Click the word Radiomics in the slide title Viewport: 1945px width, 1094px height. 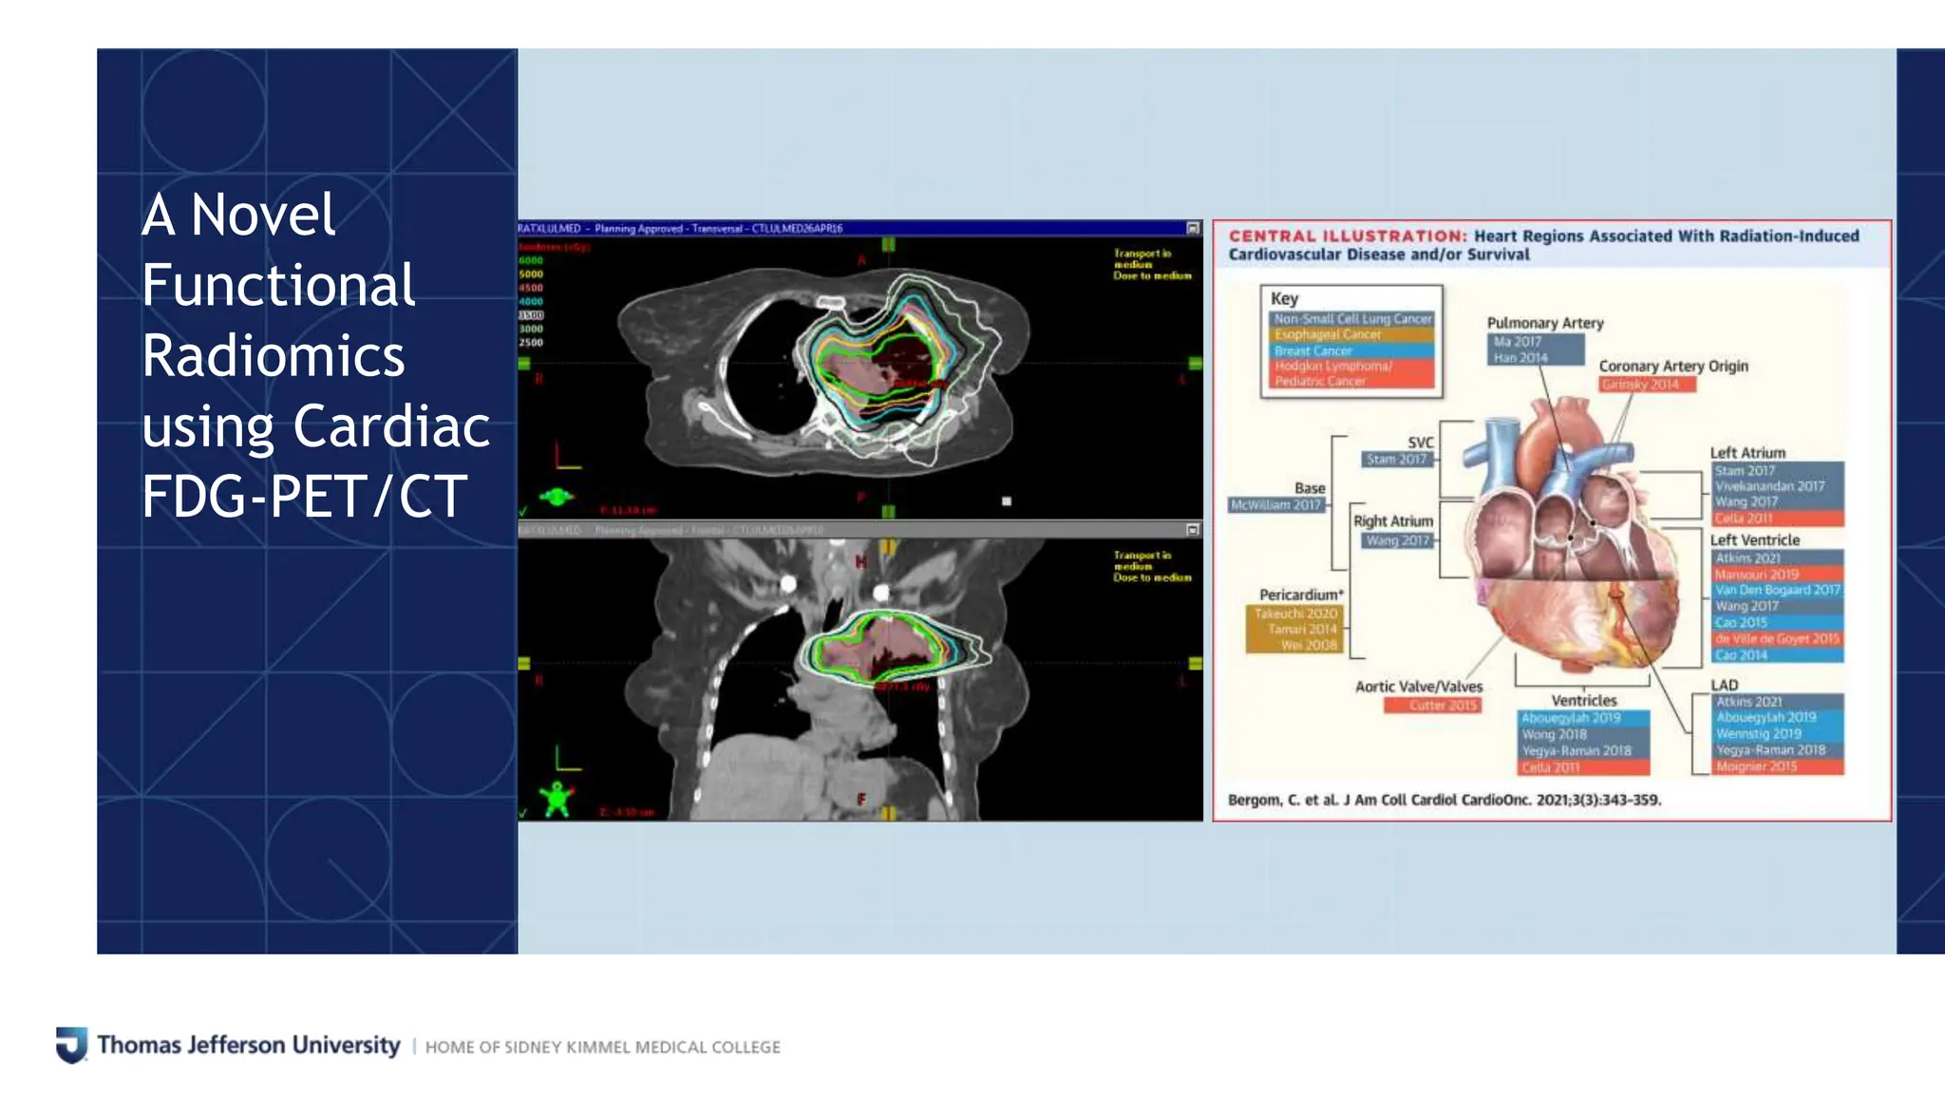274,356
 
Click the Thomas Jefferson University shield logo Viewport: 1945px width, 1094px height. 71,1045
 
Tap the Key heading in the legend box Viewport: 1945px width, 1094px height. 1284,298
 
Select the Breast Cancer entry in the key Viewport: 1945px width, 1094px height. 1313,350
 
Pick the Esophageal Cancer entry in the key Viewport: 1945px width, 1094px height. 1328,334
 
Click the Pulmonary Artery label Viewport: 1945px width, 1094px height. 1544,323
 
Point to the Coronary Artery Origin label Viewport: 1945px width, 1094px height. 1672,366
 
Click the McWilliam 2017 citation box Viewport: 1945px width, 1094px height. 1275,505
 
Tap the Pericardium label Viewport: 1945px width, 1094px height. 1300,594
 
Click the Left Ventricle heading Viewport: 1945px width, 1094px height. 1754,539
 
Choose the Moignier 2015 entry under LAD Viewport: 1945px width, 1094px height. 1756,766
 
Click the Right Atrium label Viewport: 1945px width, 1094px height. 1392,521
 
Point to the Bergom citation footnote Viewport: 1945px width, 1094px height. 1444,800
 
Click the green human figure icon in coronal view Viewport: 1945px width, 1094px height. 557,799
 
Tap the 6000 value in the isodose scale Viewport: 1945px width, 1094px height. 530,260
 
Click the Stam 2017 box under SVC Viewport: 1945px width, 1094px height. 1396,460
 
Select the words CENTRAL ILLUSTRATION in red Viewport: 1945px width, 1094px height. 1347,236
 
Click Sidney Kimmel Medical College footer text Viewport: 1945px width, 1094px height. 602,1047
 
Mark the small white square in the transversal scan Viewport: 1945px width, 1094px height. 1006,500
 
